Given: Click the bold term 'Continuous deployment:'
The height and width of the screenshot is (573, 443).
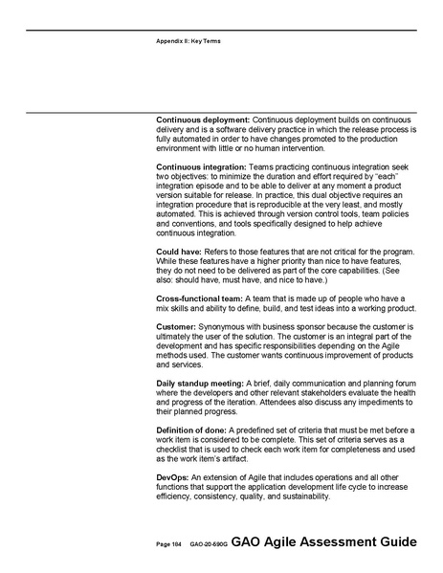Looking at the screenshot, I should click(202, 120).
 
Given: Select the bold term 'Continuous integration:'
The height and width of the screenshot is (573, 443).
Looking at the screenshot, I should click(200, 167).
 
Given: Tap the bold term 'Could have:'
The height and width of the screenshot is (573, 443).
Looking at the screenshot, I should click(179, 251).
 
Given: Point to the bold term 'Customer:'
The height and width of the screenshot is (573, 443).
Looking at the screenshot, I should click(177, 327).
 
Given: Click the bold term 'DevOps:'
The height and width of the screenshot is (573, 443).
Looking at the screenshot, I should click(174, 477).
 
